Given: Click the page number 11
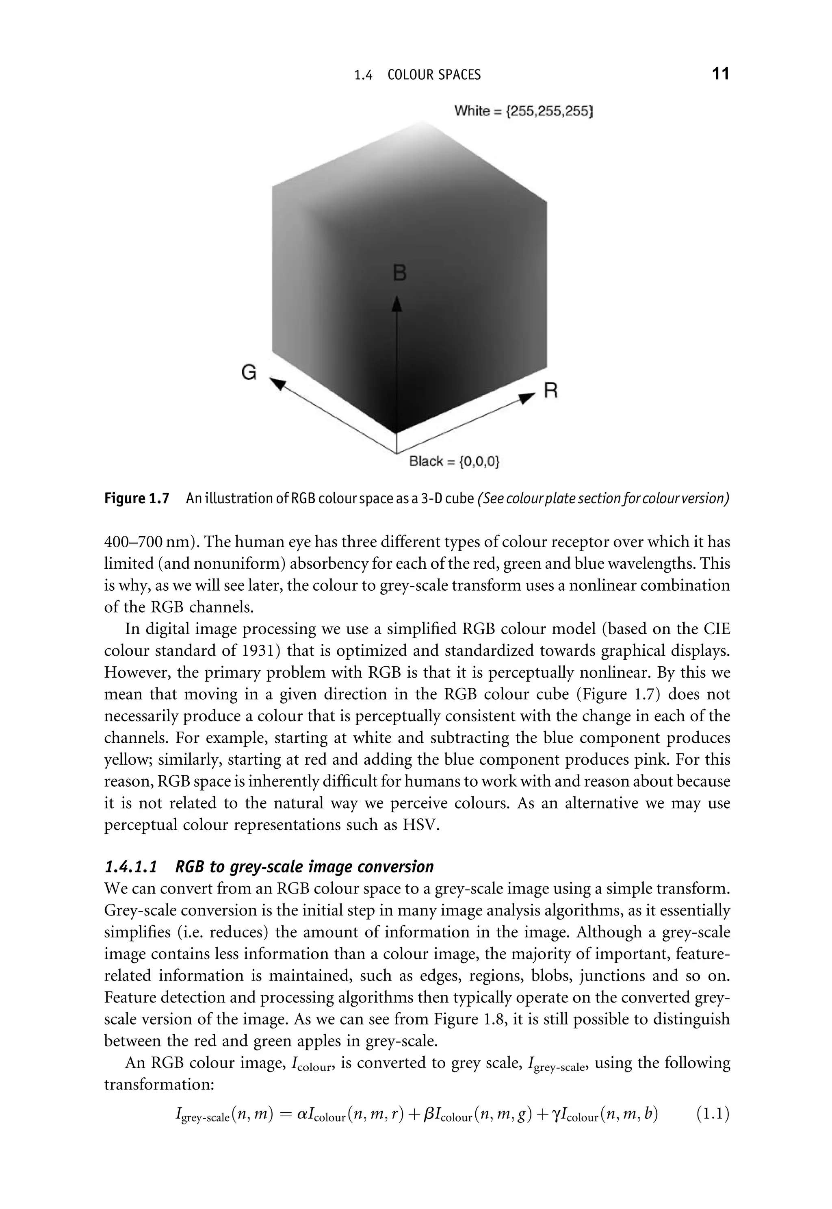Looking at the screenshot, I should (720, 74).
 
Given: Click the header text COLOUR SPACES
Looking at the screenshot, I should (434, 75).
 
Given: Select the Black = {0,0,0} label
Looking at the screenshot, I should (454, 461).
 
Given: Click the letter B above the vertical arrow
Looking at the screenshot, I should (399, 273).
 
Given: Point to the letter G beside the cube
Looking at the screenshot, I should (249, 372).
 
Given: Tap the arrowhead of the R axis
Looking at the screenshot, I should (528, 398).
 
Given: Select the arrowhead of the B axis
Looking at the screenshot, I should (397, 304).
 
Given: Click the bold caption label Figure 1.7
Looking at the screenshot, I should (137, 499).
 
